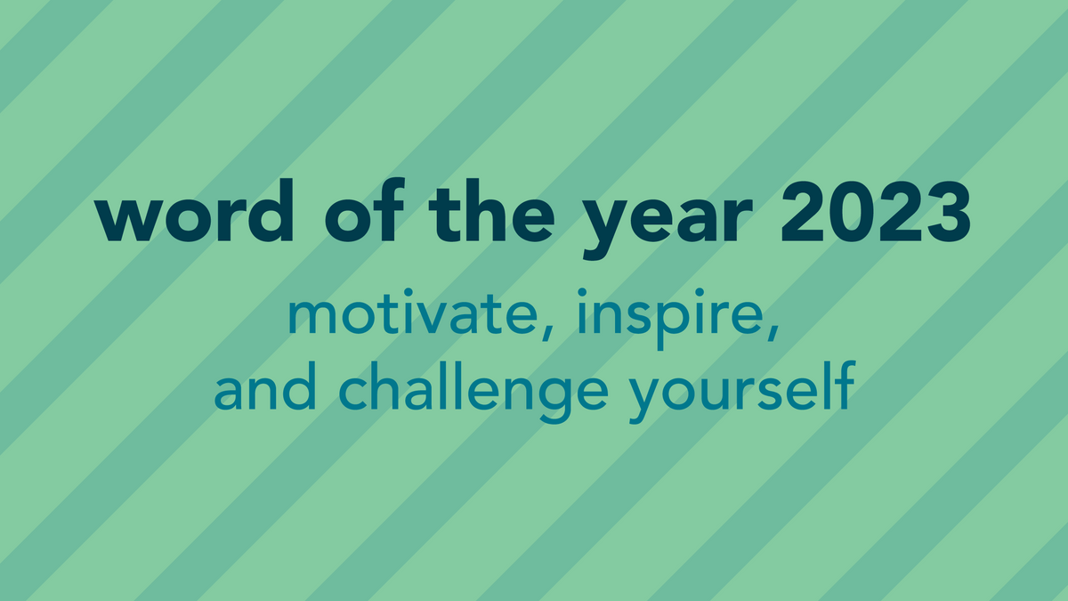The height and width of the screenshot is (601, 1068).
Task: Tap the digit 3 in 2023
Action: [x=946, y=216]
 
